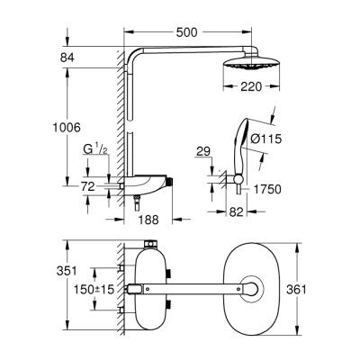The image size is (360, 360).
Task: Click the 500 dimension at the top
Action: [x=188, y=32]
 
